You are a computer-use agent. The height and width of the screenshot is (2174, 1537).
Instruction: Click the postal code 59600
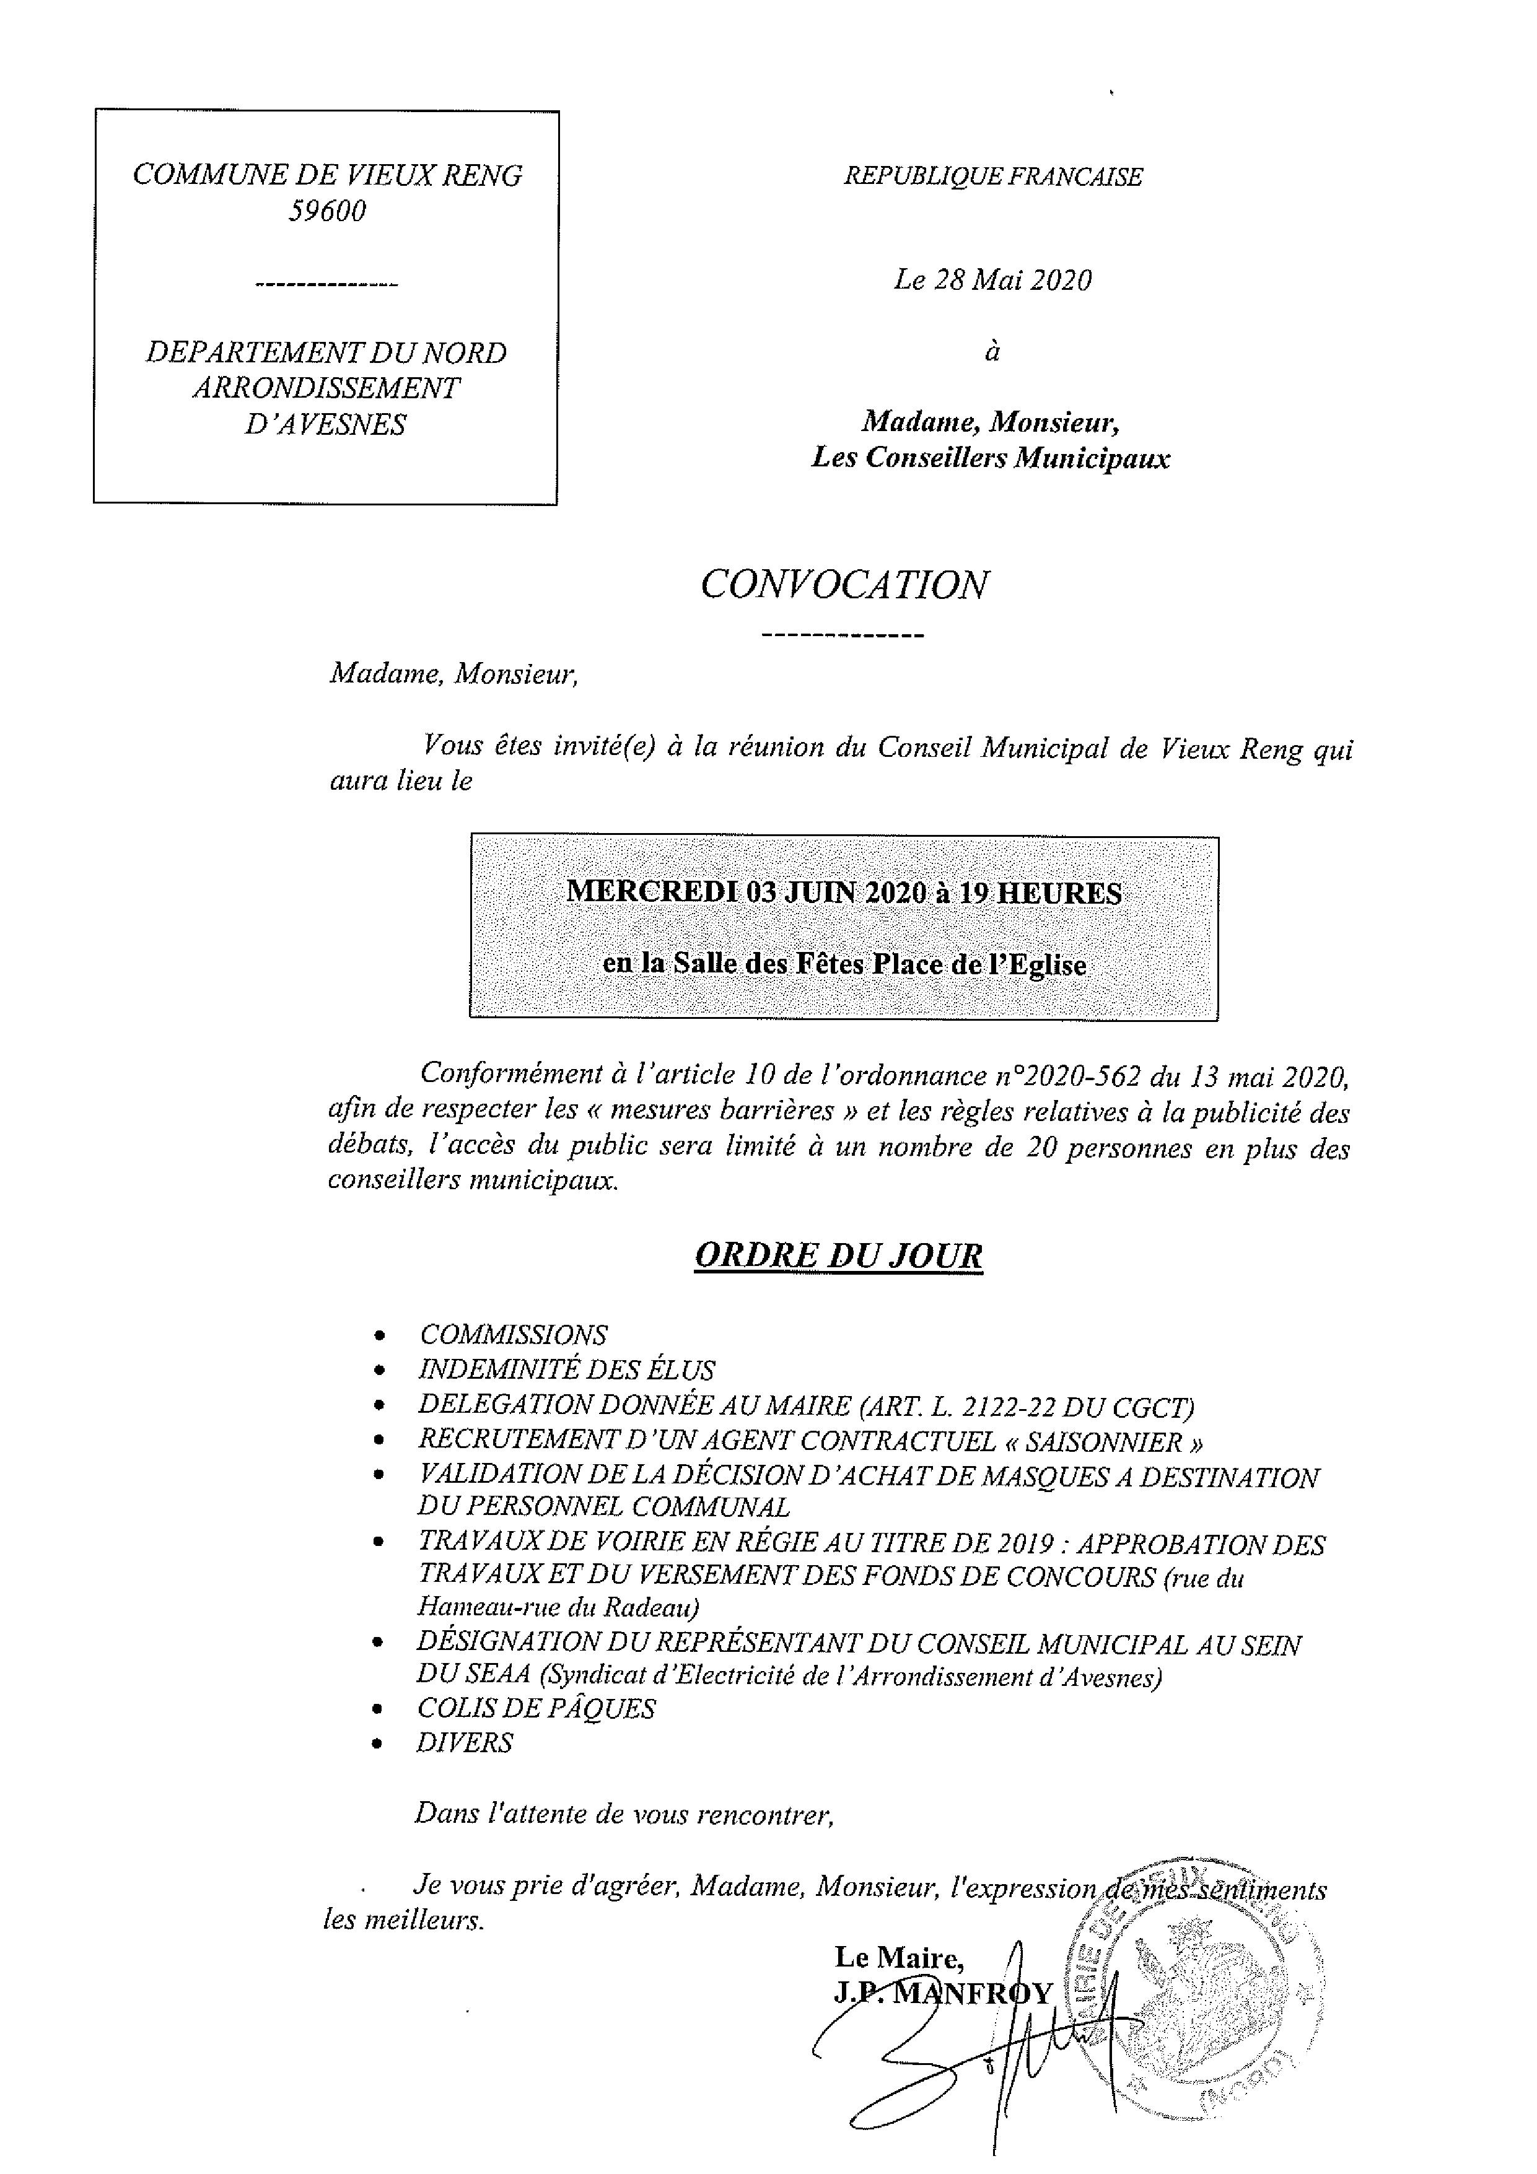click(326, 211)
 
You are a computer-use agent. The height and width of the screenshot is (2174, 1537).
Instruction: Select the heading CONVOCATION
click(844, 585)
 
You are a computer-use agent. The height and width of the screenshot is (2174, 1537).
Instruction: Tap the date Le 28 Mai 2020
click(992, 281)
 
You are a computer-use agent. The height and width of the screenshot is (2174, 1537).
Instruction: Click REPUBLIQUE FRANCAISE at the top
click(992, 177)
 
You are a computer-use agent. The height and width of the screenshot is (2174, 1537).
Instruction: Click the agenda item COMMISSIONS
click(512, 1335)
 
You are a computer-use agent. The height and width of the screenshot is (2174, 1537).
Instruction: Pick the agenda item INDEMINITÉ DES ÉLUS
click(566, 1370)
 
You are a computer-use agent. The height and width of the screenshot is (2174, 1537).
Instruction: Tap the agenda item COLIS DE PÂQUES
click(535, 1708)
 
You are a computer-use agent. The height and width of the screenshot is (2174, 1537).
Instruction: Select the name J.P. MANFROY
click(942, 1994)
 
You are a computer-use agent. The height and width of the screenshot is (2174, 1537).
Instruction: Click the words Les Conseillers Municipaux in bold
click(991, 458)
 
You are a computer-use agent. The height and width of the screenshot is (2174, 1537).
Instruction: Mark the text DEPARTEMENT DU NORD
click(326, 353)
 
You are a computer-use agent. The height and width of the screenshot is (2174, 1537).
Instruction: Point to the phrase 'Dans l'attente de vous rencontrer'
click(624, 1814)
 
